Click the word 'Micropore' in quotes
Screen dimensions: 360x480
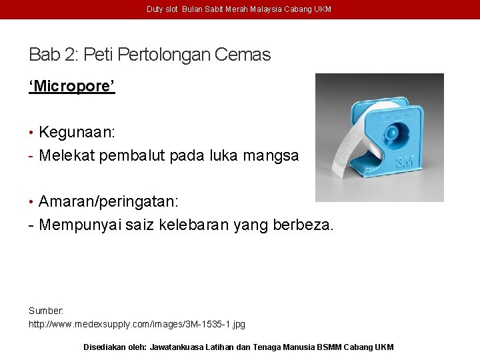coord(72,87)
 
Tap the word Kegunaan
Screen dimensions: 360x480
coord(77,131)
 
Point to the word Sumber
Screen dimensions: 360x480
coord(45,311)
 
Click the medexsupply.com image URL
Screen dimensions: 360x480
coord(137,324)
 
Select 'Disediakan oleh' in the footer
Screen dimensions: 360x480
coord(114,347)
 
